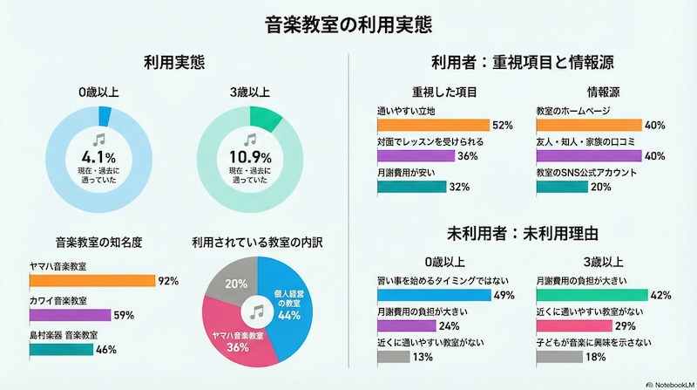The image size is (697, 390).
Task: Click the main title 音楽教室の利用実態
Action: click(x=348, y=24)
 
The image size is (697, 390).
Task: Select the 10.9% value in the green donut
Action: click(x=251, y=158)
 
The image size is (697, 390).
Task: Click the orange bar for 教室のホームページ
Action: click(x=589, y=125)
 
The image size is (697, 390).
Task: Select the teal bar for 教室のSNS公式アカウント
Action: click(x=563, y=187)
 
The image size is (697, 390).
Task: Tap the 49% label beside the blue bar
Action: click(x=504, y=296)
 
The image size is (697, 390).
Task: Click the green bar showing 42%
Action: click(x=591, y=296)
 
